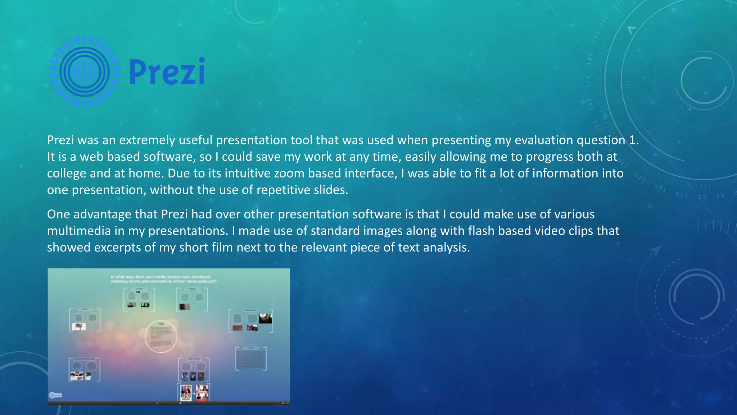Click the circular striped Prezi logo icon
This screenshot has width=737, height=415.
click(85, 72)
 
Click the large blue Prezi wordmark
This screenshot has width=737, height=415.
click(167, 72)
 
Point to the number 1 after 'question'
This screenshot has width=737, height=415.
click(633, 140)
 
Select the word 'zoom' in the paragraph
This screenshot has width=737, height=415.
click(289, 173)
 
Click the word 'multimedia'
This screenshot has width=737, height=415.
click(79, 231)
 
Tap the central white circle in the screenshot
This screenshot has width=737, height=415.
click(161, 336)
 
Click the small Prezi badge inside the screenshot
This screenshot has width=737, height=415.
click(55, 395)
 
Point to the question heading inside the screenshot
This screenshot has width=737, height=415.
click(164, 279)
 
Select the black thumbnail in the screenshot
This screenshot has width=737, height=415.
click(266, 318)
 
